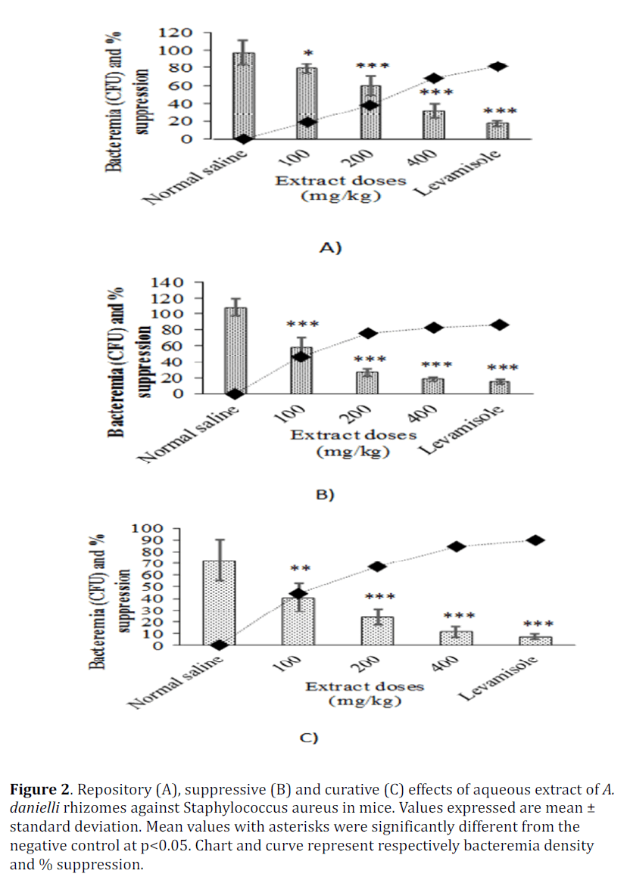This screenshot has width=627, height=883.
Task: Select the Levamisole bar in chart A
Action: tap(498, 130)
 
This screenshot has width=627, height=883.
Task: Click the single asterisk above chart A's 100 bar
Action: tap(307, 53)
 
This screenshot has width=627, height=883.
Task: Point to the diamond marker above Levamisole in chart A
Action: tap(498, 67)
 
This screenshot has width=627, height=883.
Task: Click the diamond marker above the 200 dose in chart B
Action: tap(367, 333)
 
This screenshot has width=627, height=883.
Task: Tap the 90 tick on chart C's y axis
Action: tap(152, 540)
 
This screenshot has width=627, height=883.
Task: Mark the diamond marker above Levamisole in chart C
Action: tap(535, 540)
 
